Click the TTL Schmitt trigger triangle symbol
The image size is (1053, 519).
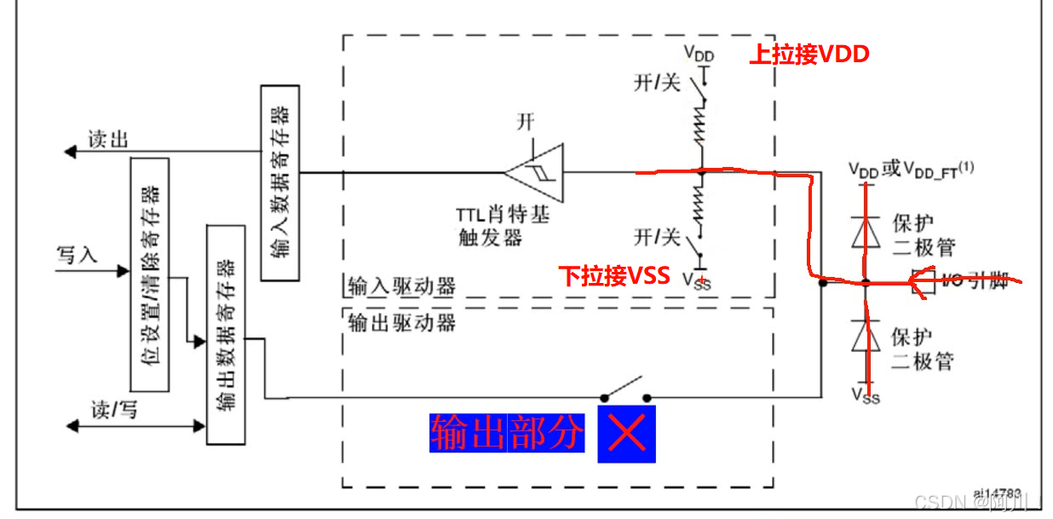point(535,172)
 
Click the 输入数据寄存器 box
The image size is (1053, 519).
point(279,182)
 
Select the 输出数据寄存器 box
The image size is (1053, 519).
point(226,335)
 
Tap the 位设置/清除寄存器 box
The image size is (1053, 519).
point(149,274)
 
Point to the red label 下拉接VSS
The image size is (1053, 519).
point(613,276)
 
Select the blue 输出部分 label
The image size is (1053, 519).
point(508,434)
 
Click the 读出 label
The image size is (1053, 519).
point(108,139)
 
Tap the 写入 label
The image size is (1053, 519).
point(78,254)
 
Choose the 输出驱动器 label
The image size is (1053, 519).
point(402,322)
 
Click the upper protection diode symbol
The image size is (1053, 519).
point(866,230)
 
